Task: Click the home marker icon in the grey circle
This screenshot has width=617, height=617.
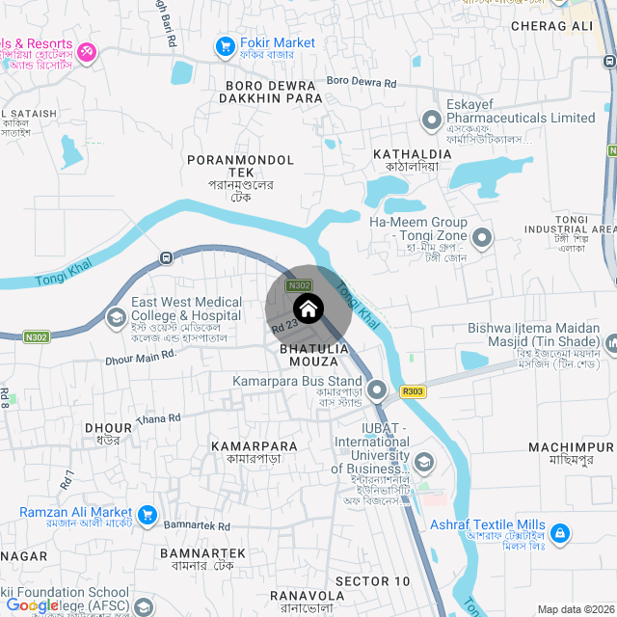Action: (308, 309)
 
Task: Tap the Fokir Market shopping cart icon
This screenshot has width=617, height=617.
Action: (226, 45)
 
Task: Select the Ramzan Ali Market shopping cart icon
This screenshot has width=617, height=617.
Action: (147, 515)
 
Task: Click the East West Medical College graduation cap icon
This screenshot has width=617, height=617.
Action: (116, 316)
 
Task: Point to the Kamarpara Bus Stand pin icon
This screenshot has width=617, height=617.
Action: (377, 389)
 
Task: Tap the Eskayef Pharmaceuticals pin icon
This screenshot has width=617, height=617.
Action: (430, 119)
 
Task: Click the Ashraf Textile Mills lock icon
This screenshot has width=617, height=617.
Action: (560, 532)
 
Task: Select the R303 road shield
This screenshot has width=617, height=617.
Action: (413, 391)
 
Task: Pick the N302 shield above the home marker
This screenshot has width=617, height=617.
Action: (300, 285)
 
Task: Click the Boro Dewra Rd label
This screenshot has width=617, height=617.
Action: (362, 83)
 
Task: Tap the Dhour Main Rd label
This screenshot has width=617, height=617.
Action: (141, 358)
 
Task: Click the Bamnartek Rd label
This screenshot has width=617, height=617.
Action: (197, 526)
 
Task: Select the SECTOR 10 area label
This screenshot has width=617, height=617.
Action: (372, 581)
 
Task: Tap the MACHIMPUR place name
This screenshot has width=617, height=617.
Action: (571, 447)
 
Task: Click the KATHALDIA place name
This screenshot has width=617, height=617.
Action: (413, 153)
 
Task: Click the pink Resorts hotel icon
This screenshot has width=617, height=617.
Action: (87, 50)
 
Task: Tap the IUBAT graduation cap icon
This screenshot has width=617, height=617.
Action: (422, 462)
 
